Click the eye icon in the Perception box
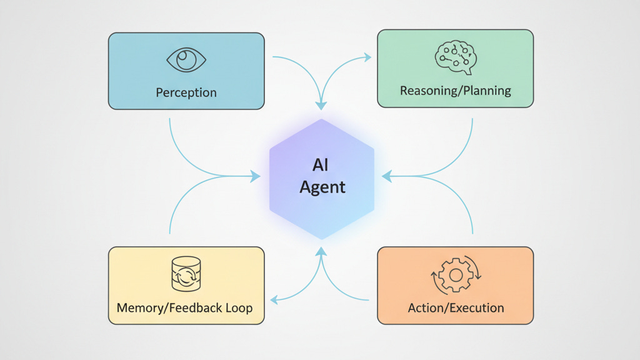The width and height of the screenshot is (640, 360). click(186, 60)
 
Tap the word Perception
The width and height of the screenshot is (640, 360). click(186, 92)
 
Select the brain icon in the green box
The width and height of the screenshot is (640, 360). click(456, 57)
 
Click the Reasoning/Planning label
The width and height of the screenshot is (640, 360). click(456, 91)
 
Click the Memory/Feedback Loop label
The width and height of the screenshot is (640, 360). click(184, 307)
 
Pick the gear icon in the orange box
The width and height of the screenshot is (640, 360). click(456, 275)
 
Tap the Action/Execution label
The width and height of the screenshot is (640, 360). click(456, 307)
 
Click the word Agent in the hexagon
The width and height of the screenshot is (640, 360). click(322, 187)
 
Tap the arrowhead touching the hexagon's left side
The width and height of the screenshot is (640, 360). click(255, 177)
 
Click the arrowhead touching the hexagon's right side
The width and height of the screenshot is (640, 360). click(387, 177)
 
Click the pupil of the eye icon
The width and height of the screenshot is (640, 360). click(186, 59)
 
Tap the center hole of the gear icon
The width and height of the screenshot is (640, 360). click(456, 275)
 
